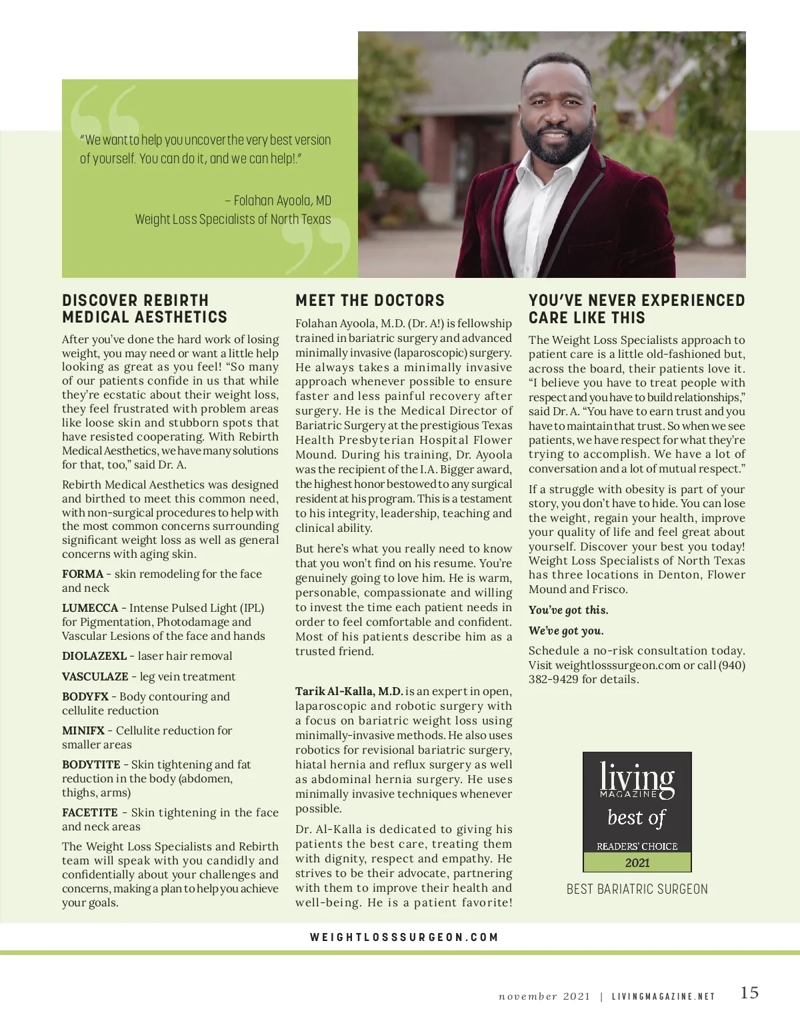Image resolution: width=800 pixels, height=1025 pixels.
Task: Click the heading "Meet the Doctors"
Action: (x=370, y=301)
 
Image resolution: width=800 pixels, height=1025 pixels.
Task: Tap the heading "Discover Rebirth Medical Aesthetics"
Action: (x=145, y=309)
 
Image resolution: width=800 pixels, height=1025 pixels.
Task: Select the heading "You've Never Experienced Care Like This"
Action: (x=637, y=309)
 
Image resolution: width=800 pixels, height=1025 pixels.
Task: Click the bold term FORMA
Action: (x=83, y=574)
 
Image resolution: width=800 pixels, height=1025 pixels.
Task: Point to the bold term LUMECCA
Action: (x=90, y=608)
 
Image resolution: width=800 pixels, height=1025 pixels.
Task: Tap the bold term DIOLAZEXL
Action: (x=94, y=656)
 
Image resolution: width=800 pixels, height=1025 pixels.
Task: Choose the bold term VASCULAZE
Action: (x=95, y=676)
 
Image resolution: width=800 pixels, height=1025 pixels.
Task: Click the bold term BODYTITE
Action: (x=91, y=764)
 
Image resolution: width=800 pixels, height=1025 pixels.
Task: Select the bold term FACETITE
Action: (x=90, y=812)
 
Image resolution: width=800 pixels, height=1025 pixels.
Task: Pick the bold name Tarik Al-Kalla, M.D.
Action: (x=349, y=691)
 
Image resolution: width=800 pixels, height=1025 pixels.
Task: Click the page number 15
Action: (x=749, y=992)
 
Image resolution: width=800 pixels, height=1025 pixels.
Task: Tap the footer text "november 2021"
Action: (x=544, y=997)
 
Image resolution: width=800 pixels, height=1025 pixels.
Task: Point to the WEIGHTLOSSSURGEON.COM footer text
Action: (x=404, y=937)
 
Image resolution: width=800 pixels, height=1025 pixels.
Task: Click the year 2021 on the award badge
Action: (x=637, y=862)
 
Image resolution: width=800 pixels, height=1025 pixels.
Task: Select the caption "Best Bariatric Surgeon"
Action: (x=637, y=889)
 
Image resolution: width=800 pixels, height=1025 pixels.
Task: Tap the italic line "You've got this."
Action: (x=568, y=610)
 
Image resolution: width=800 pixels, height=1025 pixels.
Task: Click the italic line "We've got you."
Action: (x=566, y=630)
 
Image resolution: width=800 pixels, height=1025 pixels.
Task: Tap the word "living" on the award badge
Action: (x=637, y=778)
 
